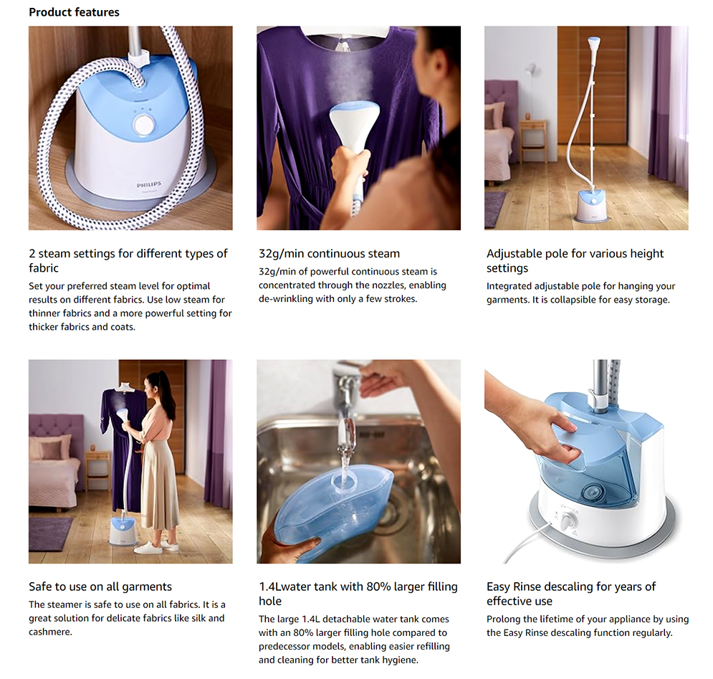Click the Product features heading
click(x=74, y=12)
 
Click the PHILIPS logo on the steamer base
click(x=149, y=185)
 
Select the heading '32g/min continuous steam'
click(x=329, y=253)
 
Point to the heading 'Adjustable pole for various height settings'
click(x=575, y=260)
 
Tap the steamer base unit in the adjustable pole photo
click(x=592, y=206)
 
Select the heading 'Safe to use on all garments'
click(x=100, y=587)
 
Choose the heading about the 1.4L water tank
click(x=358, y=594)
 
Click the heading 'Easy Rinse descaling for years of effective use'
click(x=570, y=594)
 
